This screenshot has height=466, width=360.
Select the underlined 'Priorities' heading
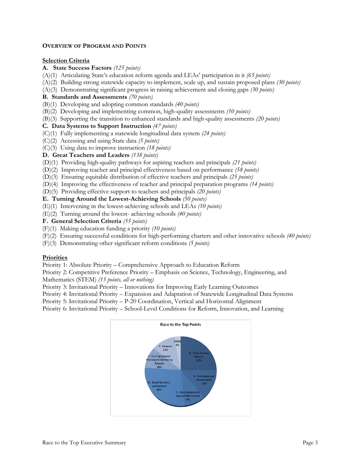55,257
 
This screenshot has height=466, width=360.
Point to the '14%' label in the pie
204,383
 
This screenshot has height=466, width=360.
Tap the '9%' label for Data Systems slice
188,399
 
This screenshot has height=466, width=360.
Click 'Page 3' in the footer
310,442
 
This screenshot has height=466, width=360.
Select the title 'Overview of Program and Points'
94,46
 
